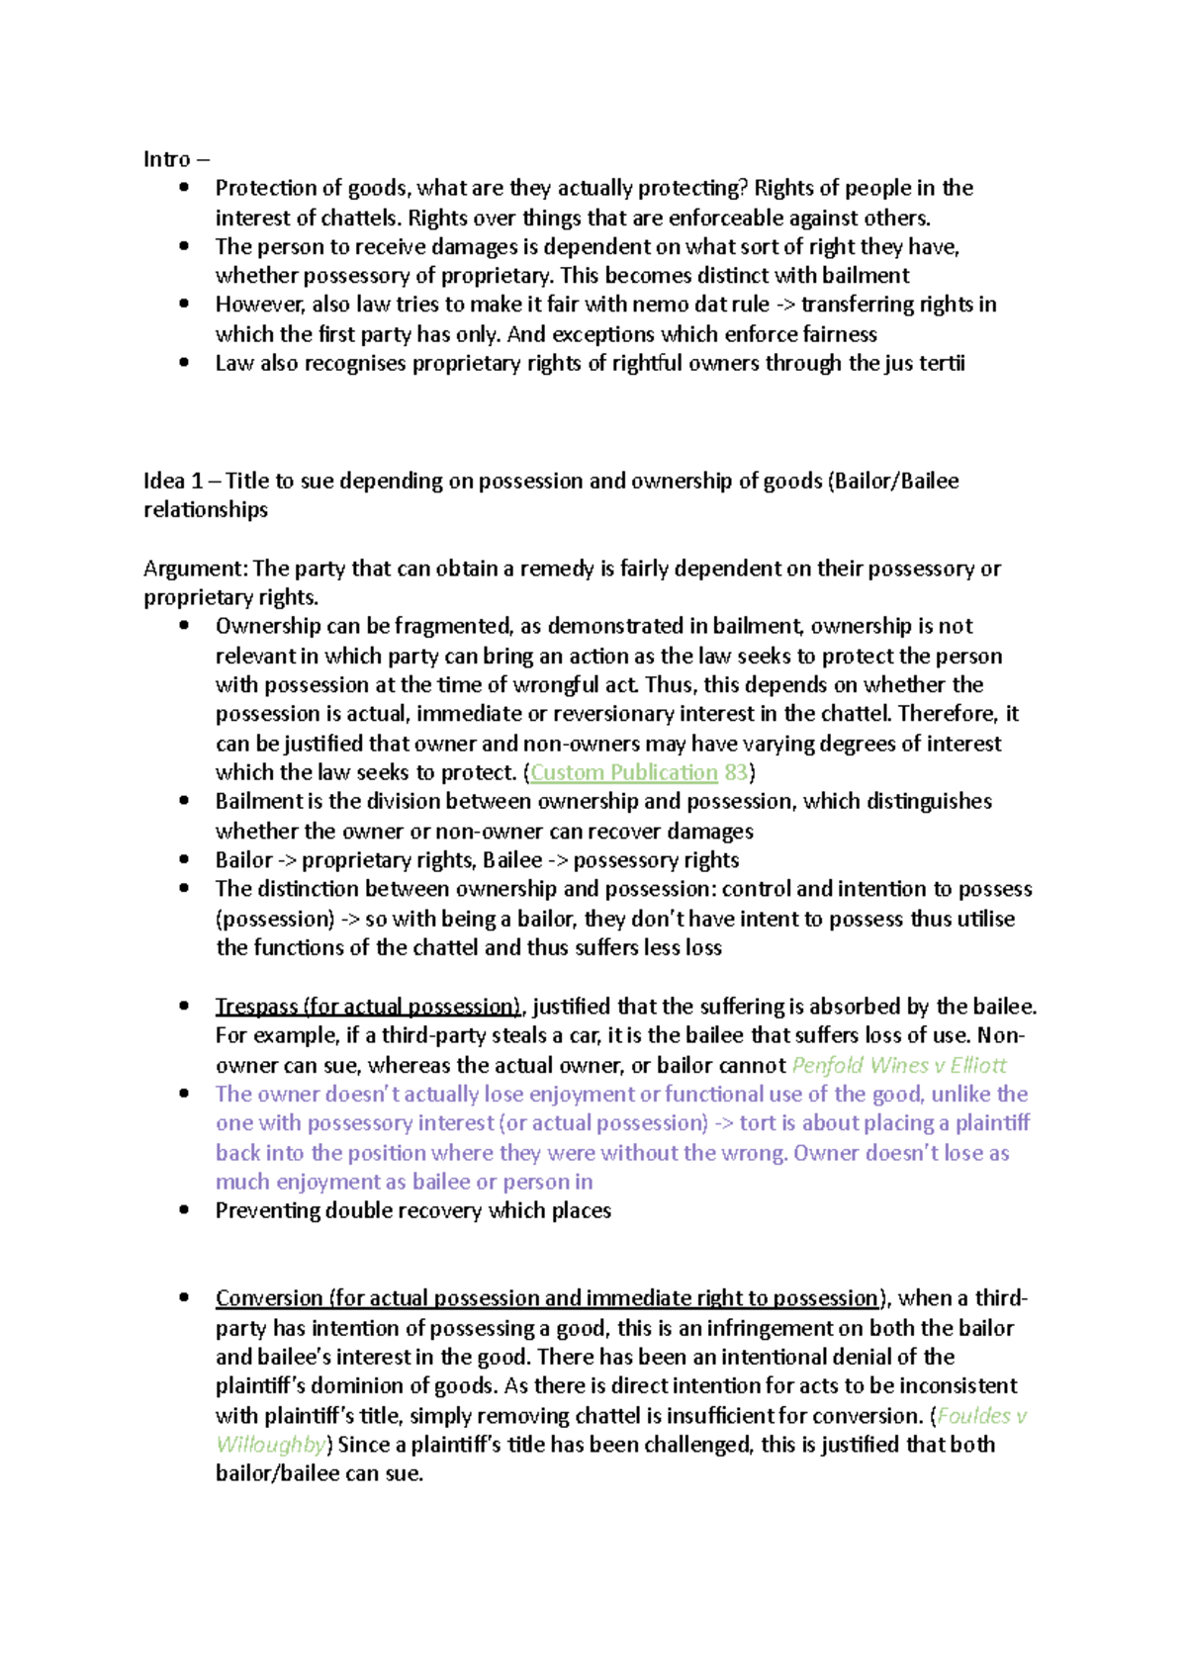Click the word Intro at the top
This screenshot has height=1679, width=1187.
166,159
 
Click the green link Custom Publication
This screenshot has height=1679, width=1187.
623,772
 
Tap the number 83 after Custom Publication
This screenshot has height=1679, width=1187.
736,772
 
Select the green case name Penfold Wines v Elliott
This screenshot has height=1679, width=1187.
899,1065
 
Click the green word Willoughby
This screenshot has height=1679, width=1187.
270,1445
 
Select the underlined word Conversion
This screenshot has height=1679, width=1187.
268,1297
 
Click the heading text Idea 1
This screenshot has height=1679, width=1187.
173,481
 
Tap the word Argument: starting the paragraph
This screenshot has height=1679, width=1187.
195,569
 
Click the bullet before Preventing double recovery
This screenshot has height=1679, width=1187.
184,1210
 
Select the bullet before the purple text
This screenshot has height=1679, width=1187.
184,1094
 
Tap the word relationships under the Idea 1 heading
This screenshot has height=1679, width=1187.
206,510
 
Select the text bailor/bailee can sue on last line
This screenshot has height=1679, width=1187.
319,1473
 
